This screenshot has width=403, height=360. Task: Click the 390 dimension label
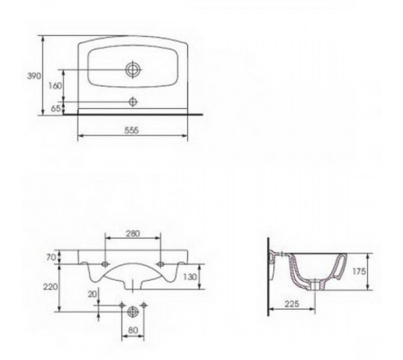pyautogui.click(x=34, y=76)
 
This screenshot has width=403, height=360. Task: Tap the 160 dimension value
pyautogui.click(x=55, y=86)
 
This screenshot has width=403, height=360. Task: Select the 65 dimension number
pyautogui.click(x=55, y=109)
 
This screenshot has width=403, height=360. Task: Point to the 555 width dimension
pyautogui.click(x=132, y=130)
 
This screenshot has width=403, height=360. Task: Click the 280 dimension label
pyautogui.click(x=133, y=233)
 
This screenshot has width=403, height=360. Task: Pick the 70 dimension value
pyautogui.click(x=51, y=257)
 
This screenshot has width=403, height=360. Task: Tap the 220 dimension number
pyautogui.click(x=50, y=287)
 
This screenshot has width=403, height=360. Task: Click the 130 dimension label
pyautogui.click(x=190, y=277)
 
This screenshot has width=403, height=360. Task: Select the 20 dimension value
pyautogui.click(x=93, y=294)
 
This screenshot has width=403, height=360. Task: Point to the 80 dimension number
pyautogui.click(x=132, y=330)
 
